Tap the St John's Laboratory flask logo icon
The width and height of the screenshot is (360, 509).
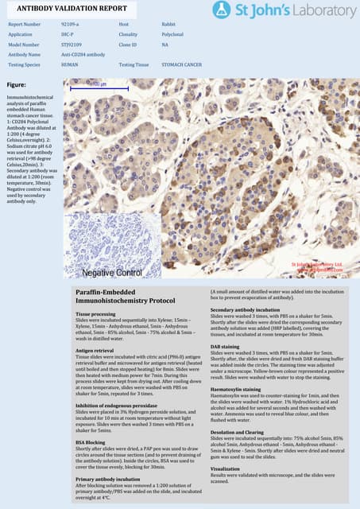click(x=223, y=10)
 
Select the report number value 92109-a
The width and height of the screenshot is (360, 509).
click(x=69, y=25)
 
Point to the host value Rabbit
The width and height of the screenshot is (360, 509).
click(x=168, y=25)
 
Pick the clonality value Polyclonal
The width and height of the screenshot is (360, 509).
click(x=172, y=35)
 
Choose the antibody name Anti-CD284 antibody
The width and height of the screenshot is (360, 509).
click(x=82, y=54)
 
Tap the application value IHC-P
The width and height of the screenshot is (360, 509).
click(x=68, y=35)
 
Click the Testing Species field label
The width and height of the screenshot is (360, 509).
click(x=24, y=64)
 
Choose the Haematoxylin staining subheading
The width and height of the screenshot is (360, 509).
click(x=238, y=388)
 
